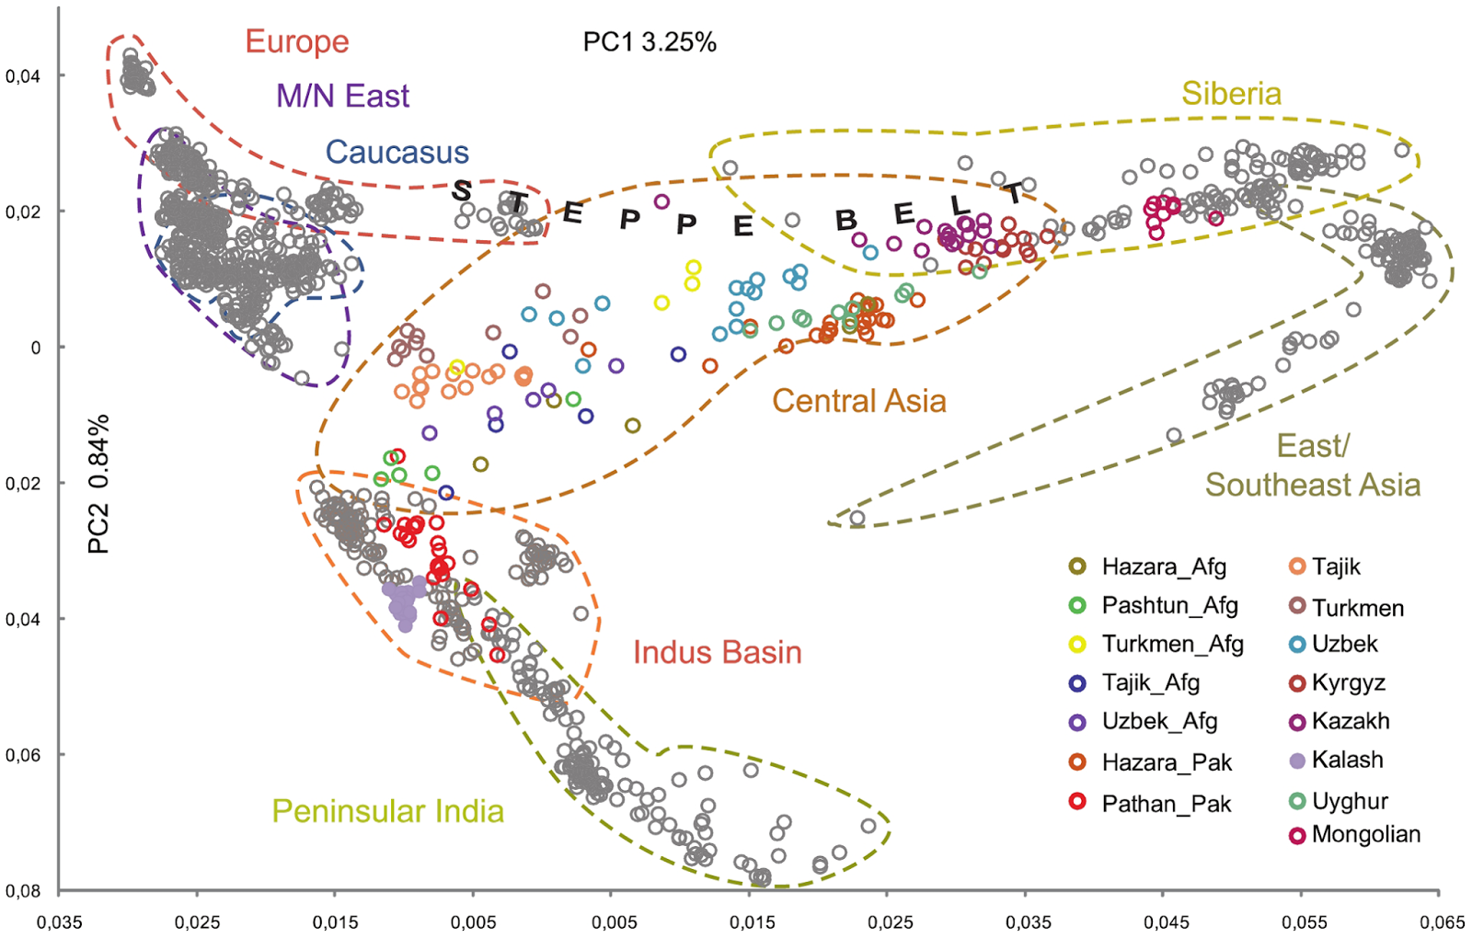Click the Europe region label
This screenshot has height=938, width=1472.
(x=297, y=42)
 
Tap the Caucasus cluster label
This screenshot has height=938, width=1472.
(x=397, y=153)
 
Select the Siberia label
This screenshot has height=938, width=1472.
(x=1231, y=94)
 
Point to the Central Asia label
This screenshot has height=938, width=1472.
(x=858, y=401)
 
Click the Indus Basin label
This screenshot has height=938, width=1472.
(x=717, y=653)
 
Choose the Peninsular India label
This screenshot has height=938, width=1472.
(x=387, y=811)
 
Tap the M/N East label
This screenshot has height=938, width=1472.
(x=342, y=97)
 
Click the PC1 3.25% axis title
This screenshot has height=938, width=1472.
(x=650, y=42)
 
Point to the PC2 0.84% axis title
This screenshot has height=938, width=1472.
(x=98, y=484)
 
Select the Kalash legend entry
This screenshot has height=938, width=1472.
(x=1347, y=761)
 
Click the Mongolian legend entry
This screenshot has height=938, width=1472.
(x=1365, y=835)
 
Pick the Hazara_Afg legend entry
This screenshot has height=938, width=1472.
(x=1164, y=567)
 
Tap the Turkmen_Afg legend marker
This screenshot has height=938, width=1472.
(x=1077, y=645)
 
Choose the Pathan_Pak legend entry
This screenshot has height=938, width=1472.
(x=1166, y=805)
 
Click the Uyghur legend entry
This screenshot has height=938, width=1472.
(x=1350, y=801)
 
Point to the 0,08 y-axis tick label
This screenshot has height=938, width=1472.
(x=23, y=891)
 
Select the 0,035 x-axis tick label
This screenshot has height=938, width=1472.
(x=59, y=922)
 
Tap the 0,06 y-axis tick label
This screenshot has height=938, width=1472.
(x=23, y=755)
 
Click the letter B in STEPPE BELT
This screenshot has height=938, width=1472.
(x=845, y=221)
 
